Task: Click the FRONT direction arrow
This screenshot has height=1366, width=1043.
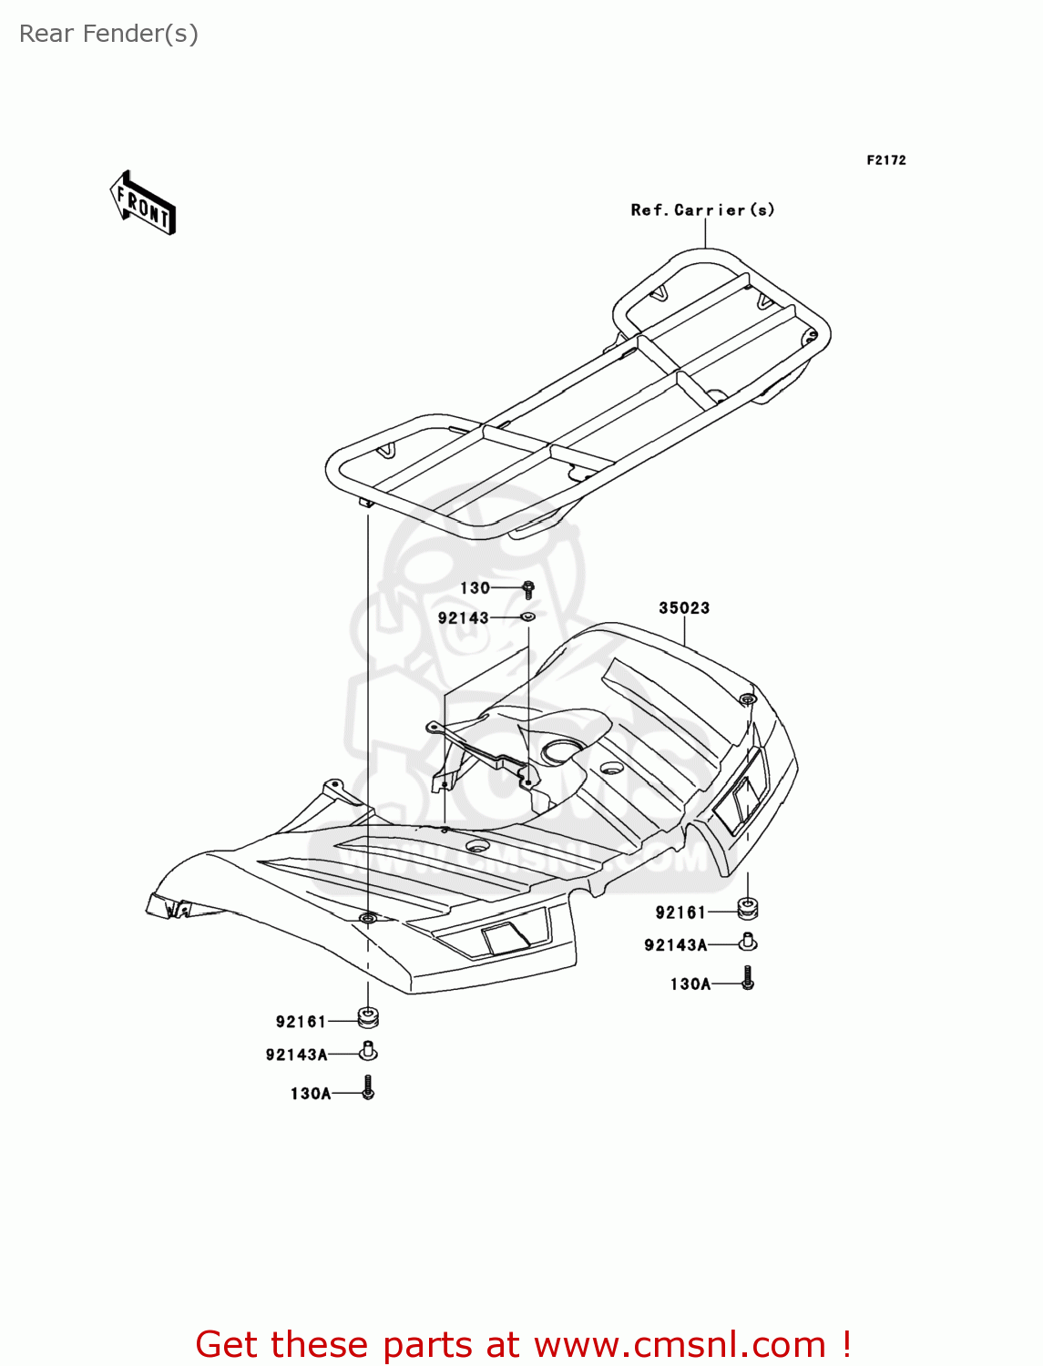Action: point(142,203)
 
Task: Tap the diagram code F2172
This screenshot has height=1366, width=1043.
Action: point(886,160)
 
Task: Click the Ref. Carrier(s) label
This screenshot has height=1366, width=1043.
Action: point(703,209)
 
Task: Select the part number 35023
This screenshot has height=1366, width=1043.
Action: point(684,607)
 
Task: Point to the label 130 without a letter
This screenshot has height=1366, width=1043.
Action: point(475,588)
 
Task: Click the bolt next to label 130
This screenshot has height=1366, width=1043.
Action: point(528,588)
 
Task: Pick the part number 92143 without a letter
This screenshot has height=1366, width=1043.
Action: point(463,618)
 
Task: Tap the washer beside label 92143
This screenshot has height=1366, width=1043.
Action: point(527,617)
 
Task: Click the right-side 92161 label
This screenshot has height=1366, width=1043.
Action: point(680,913)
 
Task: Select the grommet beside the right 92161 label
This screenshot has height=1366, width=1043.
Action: point(747,909)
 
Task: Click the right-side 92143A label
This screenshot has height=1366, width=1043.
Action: point(676,945)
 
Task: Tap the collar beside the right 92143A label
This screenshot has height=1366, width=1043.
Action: point(748,943)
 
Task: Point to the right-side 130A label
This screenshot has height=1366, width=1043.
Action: point(690,984)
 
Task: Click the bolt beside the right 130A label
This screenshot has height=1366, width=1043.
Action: point(748,978)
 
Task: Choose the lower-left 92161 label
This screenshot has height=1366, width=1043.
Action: point(302,1022)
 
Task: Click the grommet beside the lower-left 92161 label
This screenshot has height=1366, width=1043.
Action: point(368,1017)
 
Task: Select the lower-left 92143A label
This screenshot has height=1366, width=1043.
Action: point(296,1055)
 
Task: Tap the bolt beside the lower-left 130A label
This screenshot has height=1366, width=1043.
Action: point(368,1087)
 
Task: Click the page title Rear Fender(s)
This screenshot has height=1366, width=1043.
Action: point(109,34)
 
